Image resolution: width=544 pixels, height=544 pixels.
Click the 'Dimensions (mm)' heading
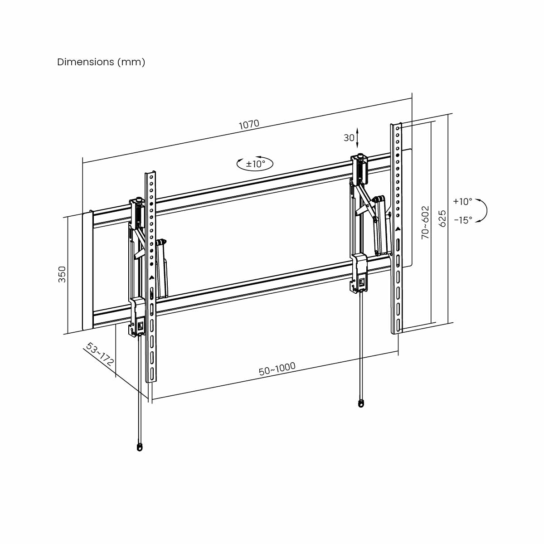point(101,62)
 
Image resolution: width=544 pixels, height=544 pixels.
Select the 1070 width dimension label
point(249,125)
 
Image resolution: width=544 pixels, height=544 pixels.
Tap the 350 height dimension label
point(62,274)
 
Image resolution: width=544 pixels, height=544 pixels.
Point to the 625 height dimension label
point(442,218)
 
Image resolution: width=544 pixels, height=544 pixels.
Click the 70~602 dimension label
point(425,222)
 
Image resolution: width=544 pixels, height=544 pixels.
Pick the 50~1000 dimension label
point(277,369)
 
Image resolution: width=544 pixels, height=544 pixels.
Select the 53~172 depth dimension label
point(100,355)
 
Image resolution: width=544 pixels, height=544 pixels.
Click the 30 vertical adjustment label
point(349,138)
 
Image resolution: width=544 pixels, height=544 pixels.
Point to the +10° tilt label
point(462,201)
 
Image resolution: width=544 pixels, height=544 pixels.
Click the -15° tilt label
point(462,220)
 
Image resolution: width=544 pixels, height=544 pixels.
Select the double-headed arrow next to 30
point(358,137)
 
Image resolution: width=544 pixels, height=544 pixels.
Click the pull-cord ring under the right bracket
point(361,403)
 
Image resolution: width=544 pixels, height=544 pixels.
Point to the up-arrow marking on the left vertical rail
point(151,277)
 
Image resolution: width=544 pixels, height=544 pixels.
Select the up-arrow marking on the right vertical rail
point(398,229)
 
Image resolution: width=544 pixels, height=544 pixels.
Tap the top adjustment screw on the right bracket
point(360,157)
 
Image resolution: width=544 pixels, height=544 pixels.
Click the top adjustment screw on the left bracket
point(138,199)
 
